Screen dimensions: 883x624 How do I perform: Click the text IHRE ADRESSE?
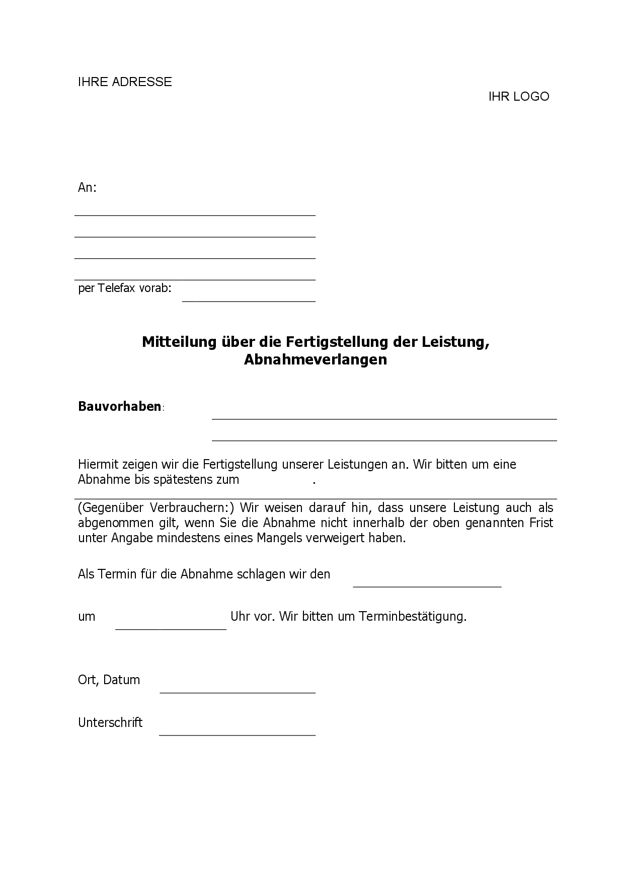[125, 82]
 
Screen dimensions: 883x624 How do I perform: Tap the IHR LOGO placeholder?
[518, 97]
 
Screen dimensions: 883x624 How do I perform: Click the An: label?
[87, 188]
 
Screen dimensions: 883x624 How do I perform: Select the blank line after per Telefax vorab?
[249, 300]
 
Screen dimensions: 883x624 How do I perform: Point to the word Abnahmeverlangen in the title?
[316, 360]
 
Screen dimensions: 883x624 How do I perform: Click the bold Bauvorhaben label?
[120, 407]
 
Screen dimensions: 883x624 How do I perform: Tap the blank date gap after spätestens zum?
[275, 480]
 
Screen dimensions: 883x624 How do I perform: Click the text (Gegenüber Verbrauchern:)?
[157, 507]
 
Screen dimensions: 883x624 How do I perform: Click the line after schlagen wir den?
[427, 585]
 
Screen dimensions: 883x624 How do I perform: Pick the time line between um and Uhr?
[171, 628]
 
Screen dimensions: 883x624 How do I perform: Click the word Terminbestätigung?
[412, 617]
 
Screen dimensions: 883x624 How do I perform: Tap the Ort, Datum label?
[109, 680]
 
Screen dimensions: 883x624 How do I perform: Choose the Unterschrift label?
[110, 723]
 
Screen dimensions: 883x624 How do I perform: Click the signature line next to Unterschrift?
[237, 734]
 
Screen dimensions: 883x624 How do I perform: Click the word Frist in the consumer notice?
[540, 523]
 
